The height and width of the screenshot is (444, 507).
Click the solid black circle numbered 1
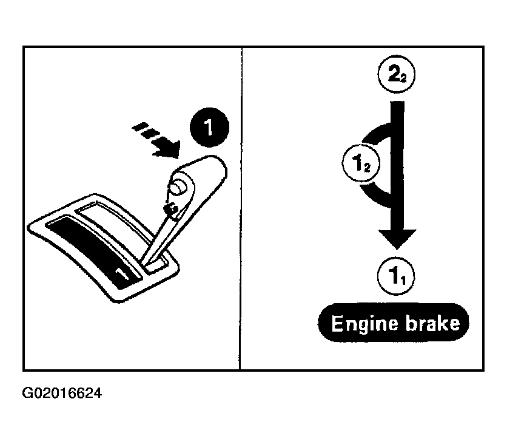click(209, 128)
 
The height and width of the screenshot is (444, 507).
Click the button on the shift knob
click(178, 188)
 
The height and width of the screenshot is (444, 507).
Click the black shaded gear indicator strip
click(92, 251)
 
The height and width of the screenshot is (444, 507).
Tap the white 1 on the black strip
click(123, 273)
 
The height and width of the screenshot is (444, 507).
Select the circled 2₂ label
click(397, 74)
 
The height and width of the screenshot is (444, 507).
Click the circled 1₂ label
click(361, 163)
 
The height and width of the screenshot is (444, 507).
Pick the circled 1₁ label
click(396, 276)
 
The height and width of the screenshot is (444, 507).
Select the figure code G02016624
click(62, 393)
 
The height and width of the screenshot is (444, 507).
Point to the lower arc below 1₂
click(375, 196)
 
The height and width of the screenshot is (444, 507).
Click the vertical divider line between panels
click(241, 209)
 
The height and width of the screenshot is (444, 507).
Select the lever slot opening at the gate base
click(157, 263)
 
